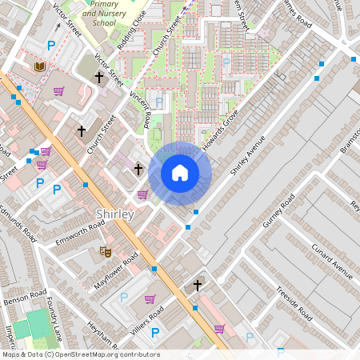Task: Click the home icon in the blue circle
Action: coord(180,173)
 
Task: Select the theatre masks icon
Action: coord(104,252)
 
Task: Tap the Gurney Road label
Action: coord(279,210)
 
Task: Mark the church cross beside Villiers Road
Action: coord(198,285)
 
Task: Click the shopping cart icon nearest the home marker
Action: coord(142,194)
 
